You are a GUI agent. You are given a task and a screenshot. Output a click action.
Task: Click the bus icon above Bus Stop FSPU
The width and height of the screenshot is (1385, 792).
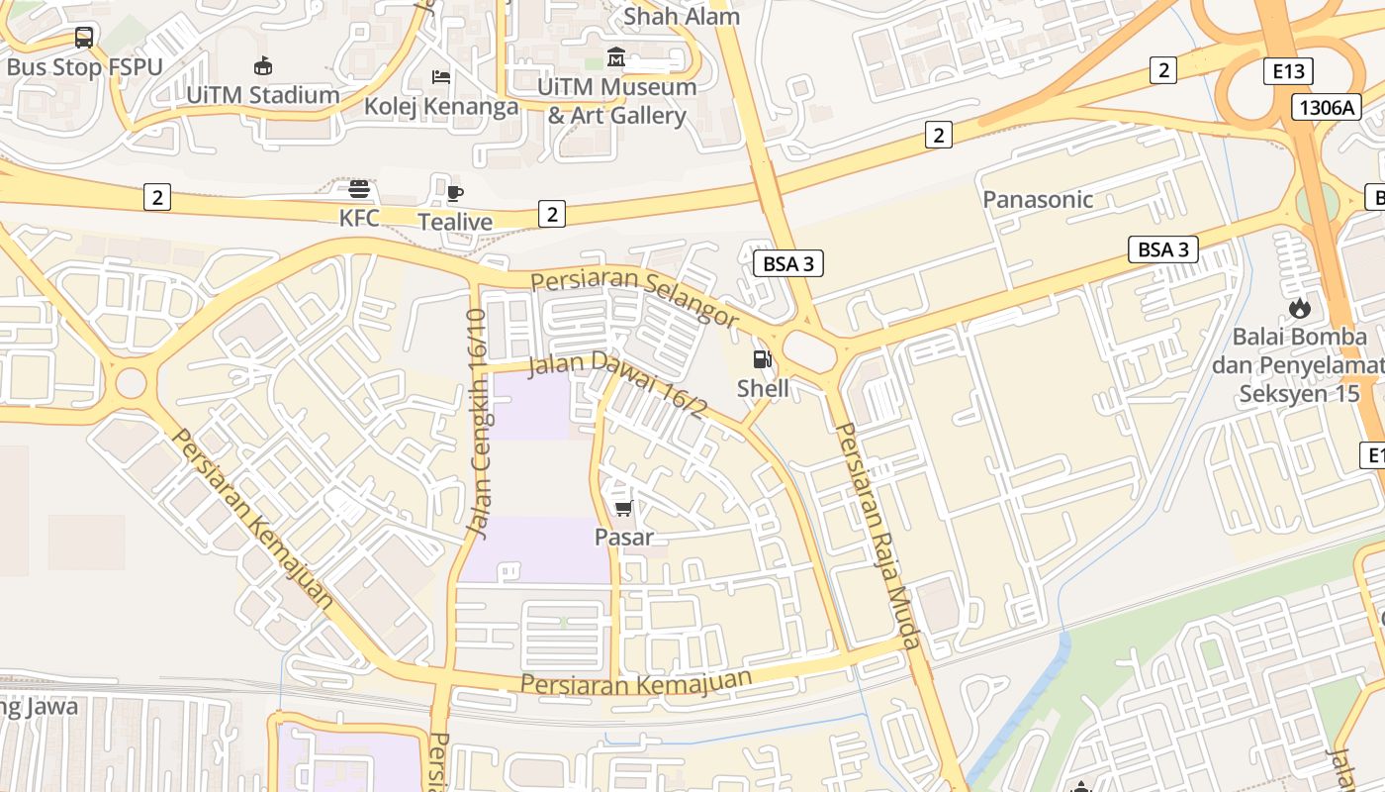tap(84, 38)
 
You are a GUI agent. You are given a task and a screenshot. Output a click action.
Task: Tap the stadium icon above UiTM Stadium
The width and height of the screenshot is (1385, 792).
tap(263, 66)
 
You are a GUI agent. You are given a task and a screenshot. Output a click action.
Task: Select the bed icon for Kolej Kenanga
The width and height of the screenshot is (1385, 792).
tap(441, 77)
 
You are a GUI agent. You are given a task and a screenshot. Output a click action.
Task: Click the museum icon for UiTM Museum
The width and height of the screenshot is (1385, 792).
tap(616, 57)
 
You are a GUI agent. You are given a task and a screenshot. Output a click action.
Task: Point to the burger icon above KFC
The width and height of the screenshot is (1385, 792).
tap(359, 189)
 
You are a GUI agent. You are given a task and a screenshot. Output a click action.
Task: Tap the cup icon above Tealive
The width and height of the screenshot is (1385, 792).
tap(455, 193)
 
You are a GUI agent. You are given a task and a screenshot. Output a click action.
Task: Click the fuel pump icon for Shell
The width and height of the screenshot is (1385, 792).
tap(763, 359)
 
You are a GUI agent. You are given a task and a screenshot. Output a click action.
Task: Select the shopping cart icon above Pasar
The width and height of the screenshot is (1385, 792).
tap(623, 508)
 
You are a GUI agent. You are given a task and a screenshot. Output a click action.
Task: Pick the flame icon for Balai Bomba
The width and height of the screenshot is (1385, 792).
tap(1299, 308)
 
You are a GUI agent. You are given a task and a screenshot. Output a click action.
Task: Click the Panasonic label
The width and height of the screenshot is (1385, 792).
tap(1038, 199)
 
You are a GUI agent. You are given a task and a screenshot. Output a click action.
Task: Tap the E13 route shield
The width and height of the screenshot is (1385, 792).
tap(1288, 71)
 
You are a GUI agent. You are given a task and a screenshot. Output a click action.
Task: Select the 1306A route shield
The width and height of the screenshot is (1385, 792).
tap(1326, 107)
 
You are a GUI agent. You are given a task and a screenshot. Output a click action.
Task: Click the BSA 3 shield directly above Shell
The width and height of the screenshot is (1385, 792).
tap(788, 263)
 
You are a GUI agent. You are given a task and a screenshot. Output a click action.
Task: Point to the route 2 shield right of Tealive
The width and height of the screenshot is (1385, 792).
tap(552, 213)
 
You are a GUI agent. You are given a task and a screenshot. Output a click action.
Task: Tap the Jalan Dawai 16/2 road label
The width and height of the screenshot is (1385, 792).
tap(616, 384)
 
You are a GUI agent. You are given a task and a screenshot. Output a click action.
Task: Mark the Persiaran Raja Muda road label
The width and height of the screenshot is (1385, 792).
tap(878, 535)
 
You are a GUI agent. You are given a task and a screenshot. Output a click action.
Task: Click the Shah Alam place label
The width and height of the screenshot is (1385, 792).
tap(682, 16)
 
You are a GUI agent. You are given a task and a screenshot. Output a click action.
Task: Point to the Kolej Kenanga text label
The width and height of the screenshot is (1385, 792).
tap(441, 106)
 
